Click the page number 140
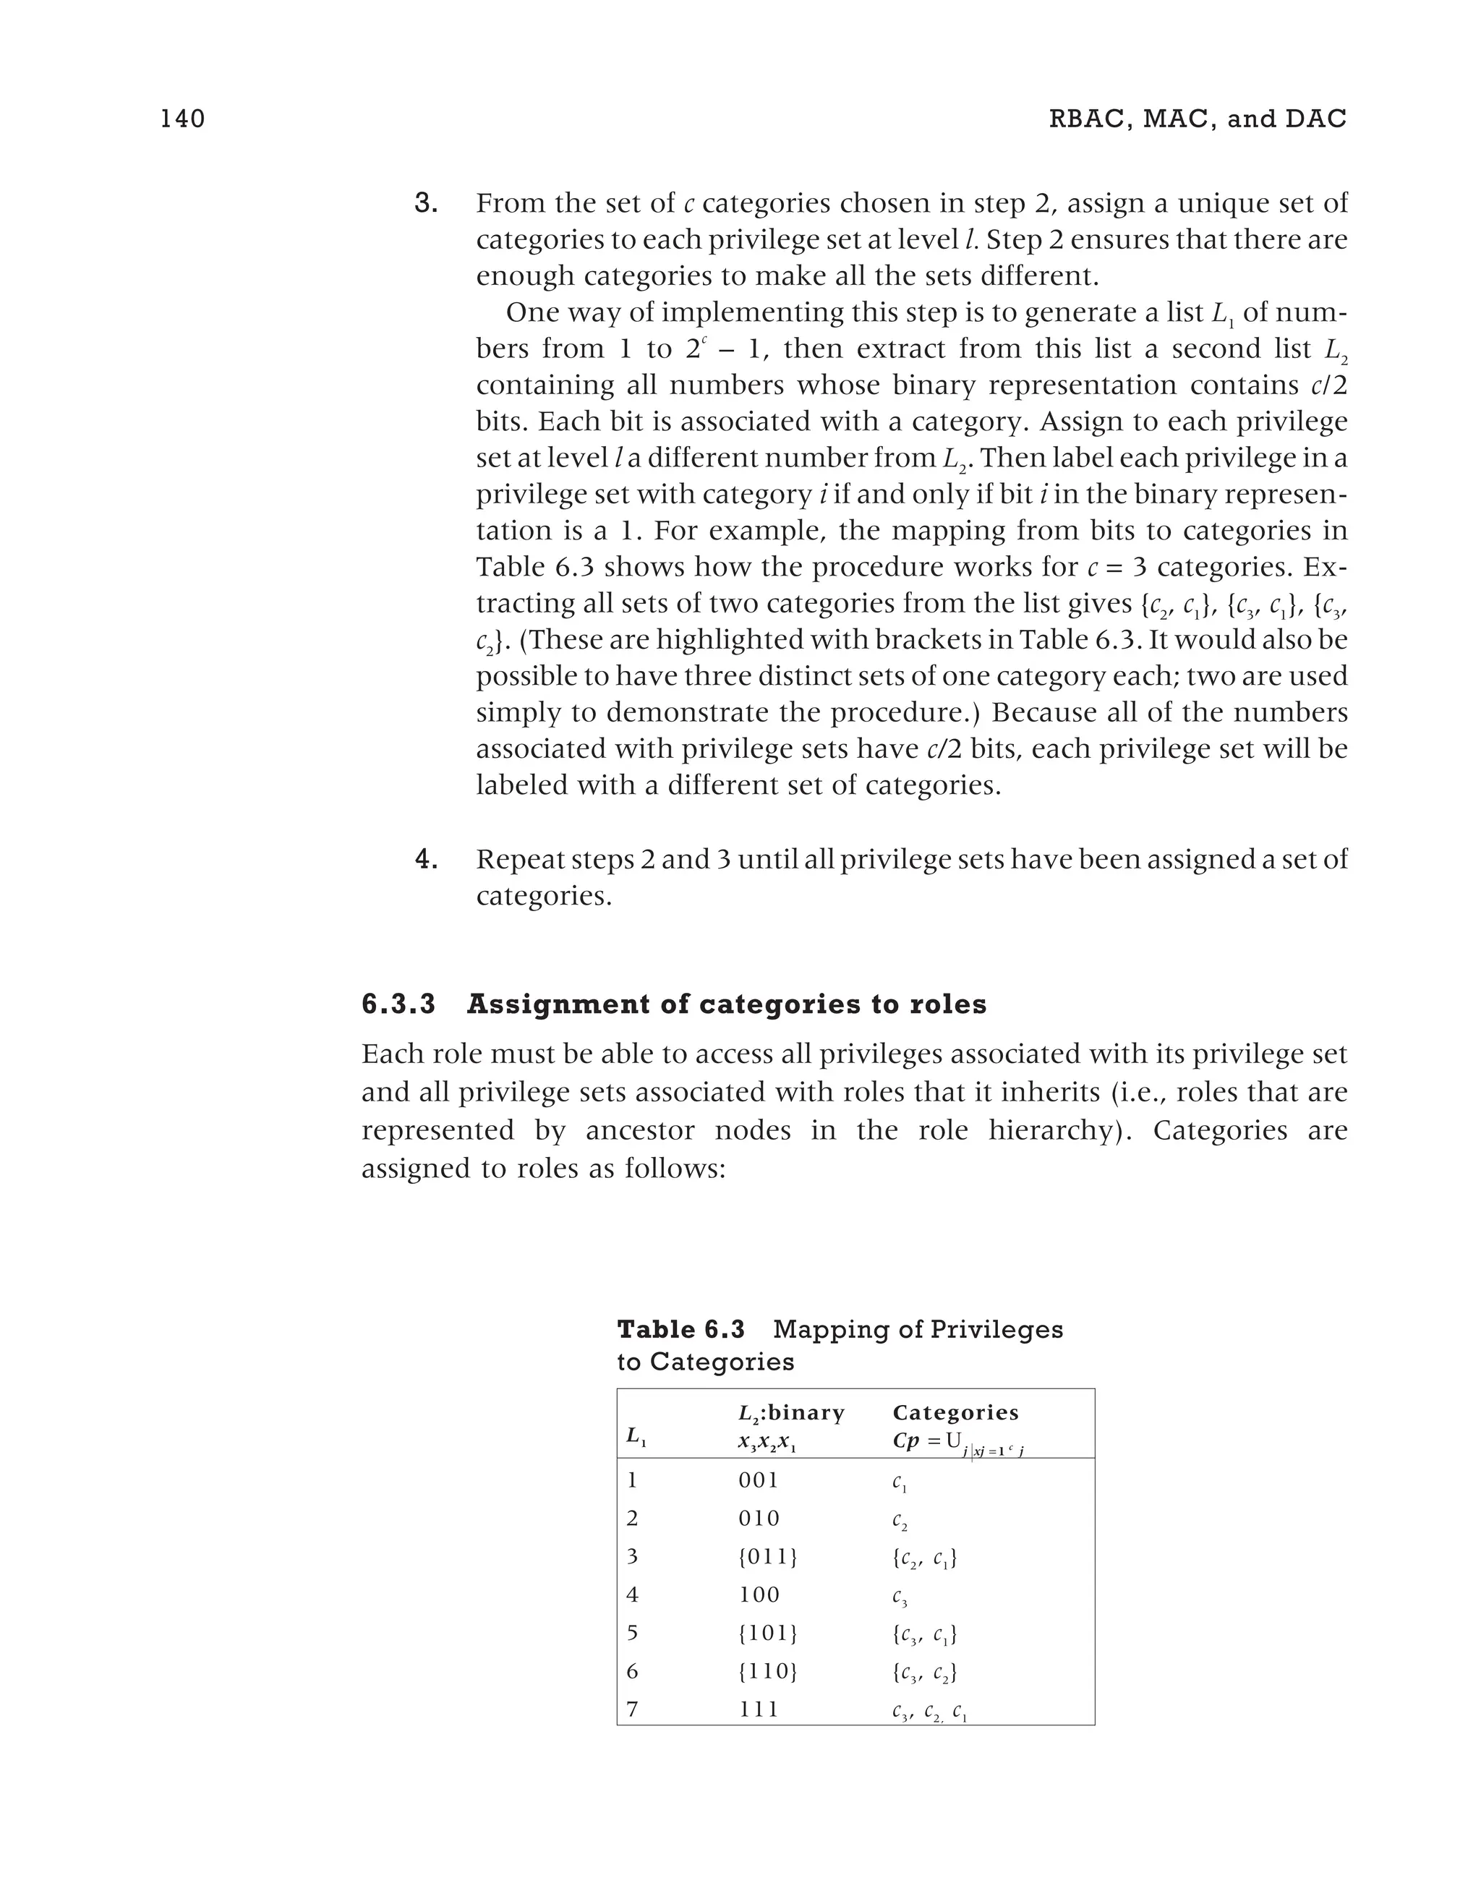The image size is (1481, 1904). (182, 119)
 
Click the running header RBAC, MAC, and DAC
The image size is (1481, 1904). (1197, 119)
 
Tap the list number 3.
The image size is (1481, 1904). (425, 204)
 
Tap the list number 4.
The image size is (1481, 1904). (425, 860)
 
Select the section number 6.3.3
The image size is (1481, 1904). (398, 1004)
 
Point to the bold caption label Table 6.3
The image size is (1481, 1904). (680, 1330)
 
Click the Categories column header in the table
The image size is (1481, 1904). (955, 1412)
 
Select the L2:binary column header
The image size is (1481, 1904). (790, 1412)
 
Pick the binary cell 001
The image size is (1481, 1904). (759, 1480)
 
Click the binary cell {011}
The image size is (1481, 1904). (767, 1557)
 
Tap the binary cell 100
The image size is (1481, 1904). (759, 1595)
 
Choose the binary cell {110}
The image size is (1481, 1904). (767, 1671)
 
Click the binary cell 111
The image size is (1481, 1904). (759, 1709)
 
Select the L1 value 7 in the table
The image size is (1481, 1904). (633, 1709)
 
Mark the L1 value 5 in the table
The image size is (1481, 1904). (633, 1633)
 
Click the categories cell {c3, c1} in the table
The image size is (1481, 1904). (924, 1634)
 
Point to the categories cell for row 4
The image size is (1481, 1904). (900, 1596)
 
